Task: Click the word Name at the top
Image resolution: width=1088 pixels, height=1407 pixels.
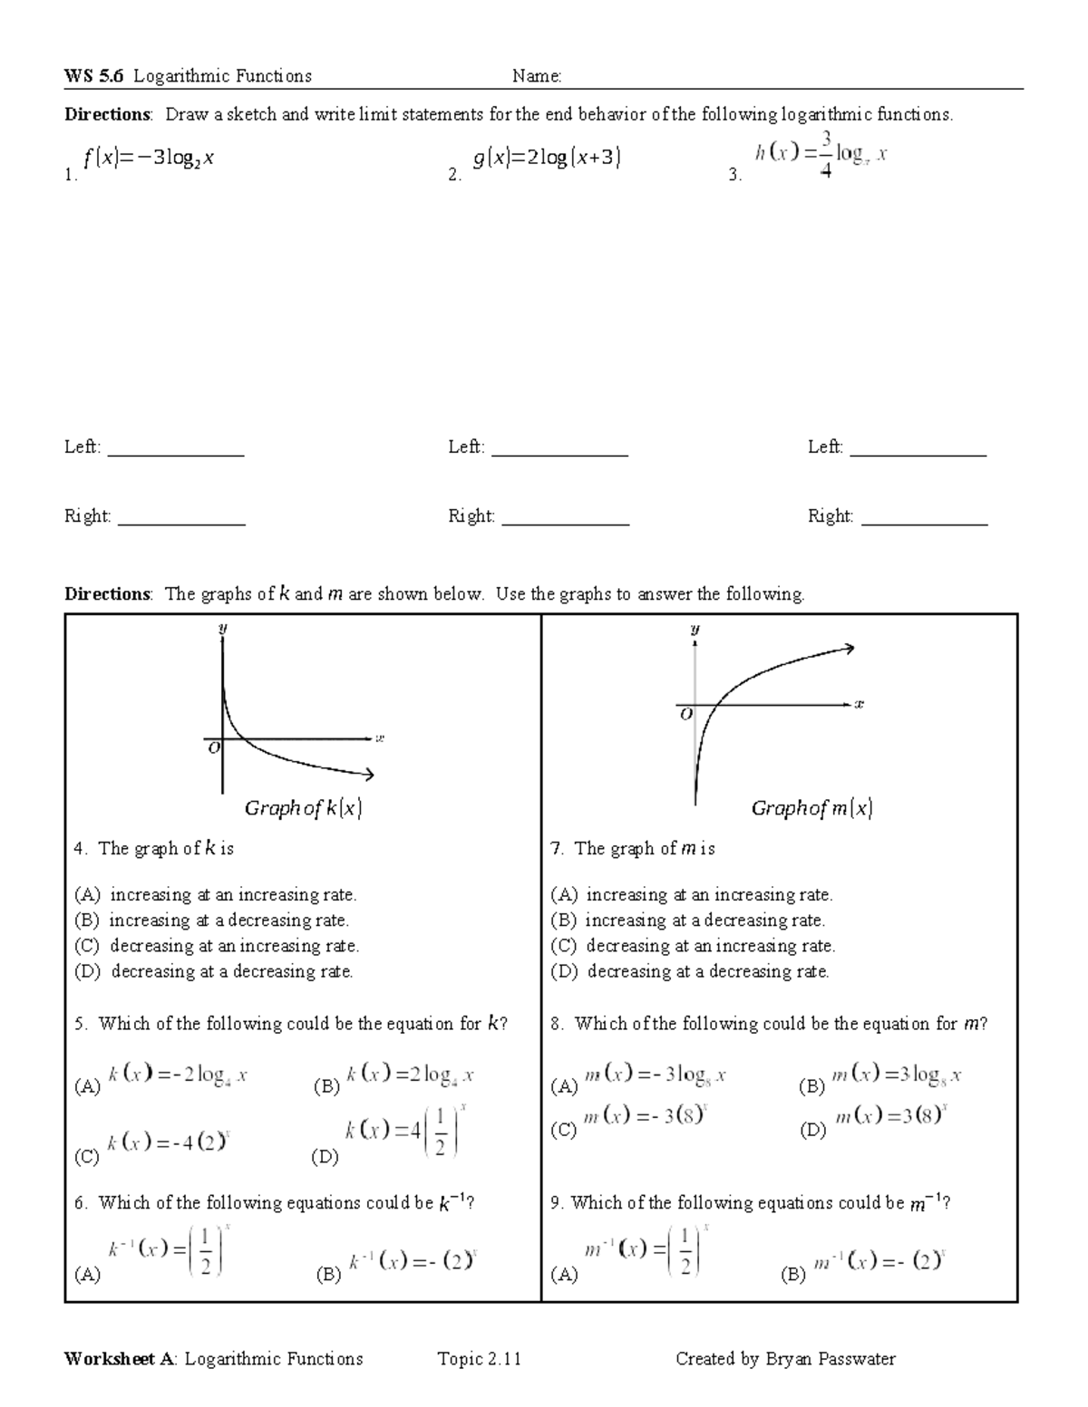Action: point(536,76)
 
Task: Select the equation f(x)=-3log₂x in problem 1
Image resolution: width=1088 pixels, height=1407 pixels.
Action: point(149,159)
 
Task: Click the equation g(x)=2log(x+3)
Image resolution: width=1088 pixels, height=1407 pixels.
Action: point(547,159)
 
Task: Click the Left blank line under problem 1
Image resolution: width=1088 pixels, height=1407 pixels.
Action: point(176,453)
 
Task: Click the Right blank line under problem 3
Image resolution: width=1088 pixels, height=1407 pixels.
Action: point(924,523)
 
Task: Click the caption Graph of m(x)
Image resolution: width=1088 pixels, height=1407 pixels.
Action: point(811,808)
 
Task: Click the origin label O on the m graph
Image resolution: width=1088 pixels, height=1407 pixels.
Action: point(686,714)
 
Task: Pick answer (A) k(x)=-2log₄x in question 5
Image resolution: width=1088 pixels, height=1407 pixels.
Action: point(178,1076)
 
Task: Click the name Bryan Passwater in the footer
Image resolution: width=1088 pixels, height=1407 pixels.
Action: point(831,1358)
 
